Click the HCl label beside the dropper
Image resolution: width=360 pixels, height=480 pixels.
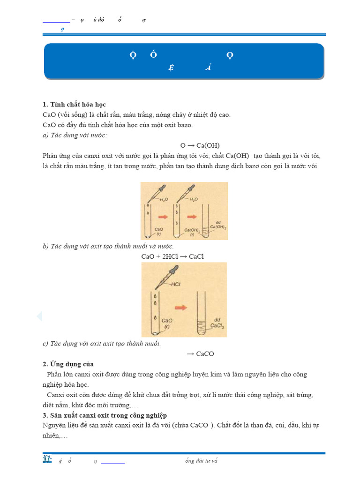(176, 284)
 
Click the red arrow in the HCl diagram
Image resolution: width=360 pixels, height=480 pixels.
(180, 307)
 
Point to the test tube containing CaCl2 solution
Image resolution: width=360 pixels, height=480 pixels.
(202, 312)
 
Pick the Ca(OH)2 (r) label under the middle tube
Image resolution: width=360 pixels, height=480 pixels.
(191, 232)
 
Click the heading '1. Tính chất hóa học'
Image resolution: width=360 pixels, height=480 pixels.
(77, 104)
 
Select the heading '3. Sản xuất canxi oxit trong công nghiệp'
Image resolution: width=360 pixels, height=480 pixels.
(105, 415)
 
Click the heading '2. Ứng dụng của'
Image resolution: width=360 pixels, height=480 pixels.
(67, 364)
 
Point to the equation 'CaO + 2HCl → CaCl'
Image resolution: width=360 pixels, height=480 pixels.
(172, 256)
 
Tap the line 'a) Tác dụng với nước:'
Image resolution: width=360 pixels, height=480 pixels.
(75, 135)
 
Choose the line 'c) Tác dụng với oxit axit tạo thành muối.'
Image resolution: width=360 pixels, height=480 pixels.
(102, 344)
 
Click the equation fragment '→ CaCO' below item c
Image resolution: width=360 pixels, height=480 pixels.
(200, 354)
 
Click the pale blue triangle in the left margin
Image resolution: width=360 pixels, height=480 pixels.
(39, 317)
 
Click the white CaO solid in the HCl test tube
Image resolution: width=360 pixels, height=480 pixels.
(154, 333)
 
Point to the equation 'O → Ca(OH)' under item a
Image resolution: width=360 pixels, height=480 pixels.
(200, 145)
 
